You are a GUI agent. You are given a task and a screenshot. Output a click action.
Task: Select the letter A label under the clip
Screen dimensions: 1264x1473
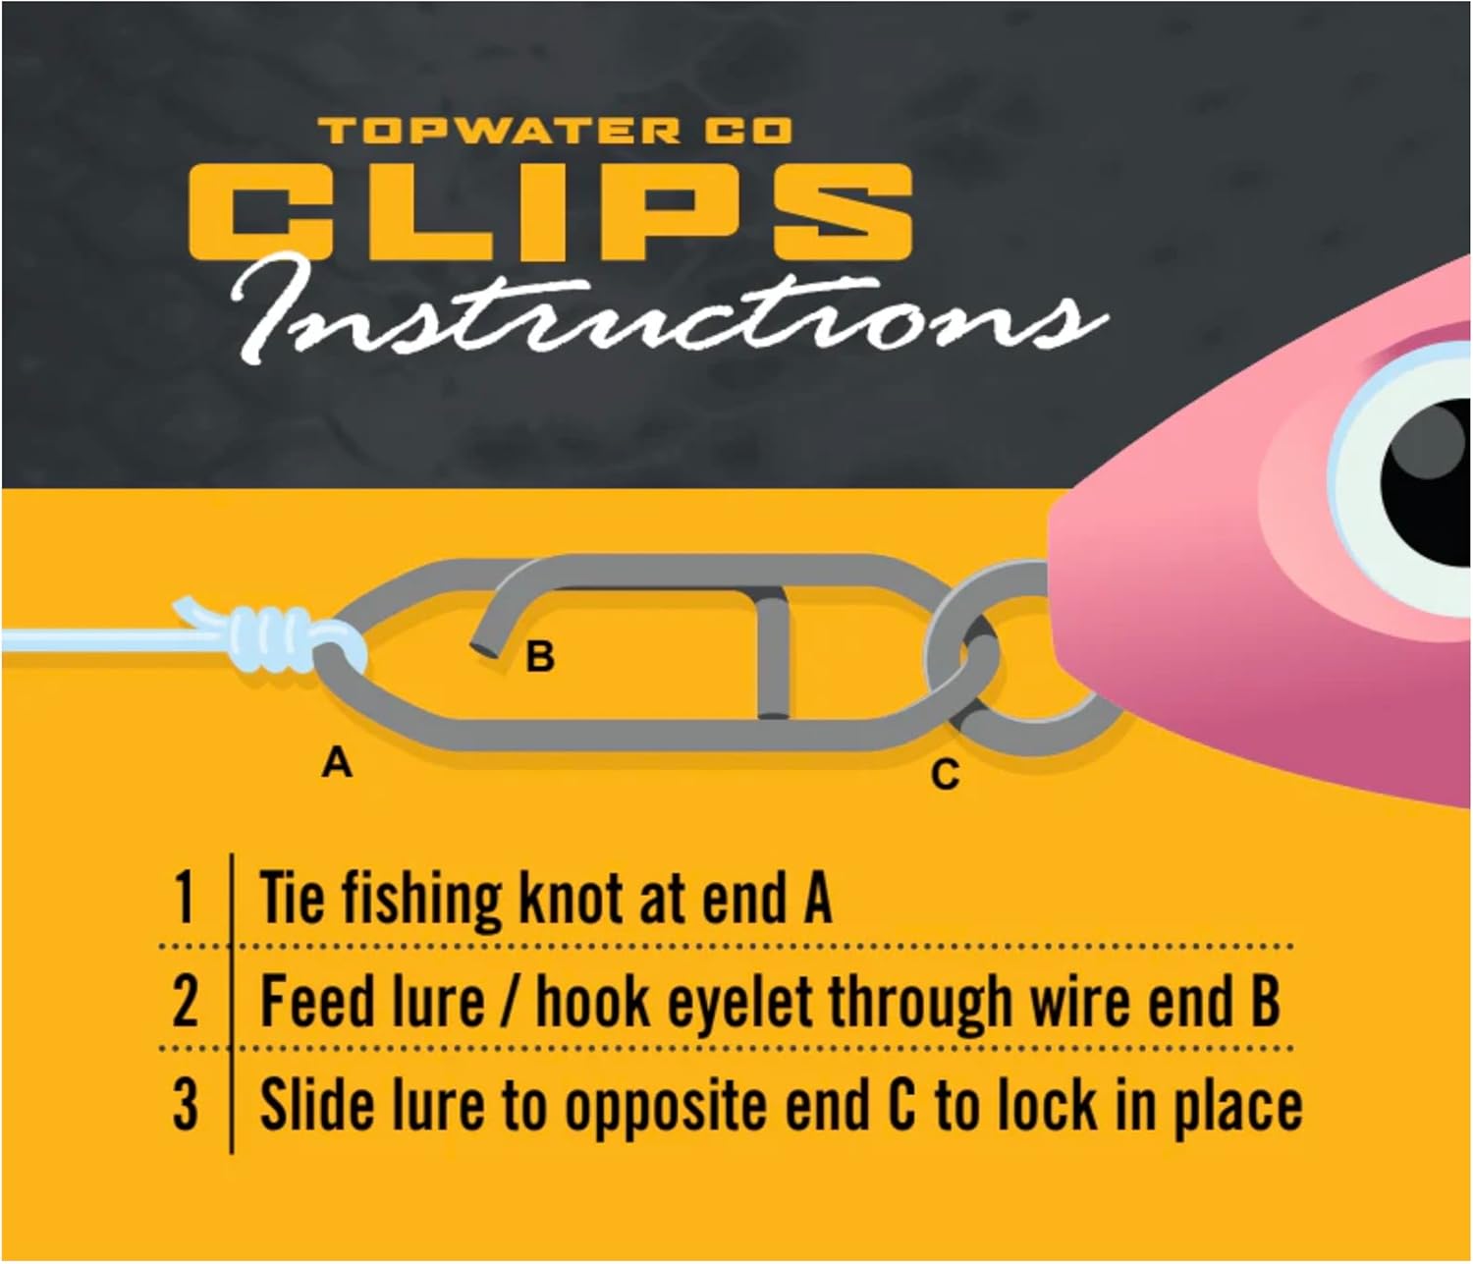coord(337,761)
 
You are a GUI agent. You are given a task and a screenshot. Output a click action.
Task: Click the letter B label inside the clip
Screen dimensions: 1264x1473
coord(540,656)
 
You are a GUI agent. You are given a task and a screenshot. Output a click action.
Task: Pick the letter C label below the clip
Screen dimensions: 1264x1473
coord(945,776)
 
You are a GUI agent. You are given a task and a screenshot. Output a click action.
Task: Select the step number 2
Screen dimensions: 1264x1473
coord(185,1002)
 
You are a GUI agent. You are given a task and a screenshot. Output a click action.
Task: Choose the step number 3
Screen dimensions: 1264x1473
coord(185,1104)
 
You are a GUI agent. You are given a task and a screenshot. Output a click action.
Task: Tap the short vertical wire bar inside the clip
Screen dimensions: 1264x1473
coord(772,658)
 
